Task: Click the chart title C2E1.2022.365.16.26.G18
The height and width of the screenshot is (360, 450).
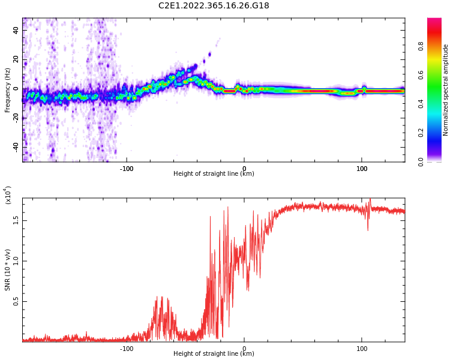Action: click(x=214, y=6)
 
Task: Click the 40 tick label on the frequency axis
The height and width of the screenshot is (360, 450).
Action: click(x=16, y=30)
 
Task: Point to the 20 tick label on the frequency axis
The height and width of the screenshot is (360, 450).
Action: click(x=16, y=59)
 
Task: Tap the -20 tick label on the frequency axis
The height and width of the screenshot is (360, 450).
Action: click(x=15, y=118)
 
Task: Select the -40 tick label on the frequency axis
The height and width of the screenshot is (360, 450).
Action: click(x=15, y=146)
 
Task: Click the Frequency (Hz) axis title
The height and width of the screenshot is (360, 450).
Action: click(x=8, y=90)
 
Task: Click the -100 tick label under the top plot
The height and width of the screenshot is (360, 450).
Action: click(x=126, y=169)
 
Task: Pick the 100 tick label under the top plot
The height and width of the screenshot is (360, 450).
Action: click(x=362, y=169)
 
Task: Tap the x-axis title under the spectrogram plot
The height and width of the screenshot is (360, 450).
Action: click(x=214, y=174)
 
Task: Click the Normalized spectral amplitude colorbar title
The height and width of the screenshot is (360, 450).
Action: click(x=446, y=90)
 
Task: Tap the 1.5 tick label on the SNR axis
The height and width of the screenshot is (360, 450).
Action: click(x=16, y=220)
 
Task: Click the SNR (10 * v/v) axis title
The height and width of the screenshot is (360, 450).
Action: click(x=8, y=270)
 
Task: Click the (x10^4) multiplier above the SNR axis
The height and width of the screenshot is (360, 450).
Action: click(x=8, y=195)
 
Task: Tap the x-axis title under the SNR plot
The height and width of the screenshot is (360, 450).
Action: click(x=214, y=354)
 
